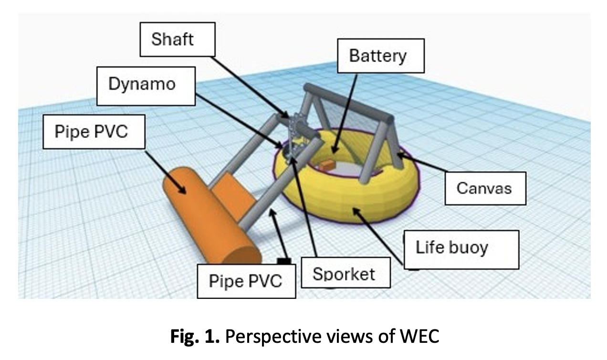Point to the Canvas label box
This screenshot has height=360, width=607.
tap(485, 188)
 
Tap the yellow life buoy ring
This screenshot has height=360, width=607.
tap(344, 201)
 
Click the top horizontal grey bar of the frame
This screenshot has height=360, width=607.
tap(348, 103)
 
